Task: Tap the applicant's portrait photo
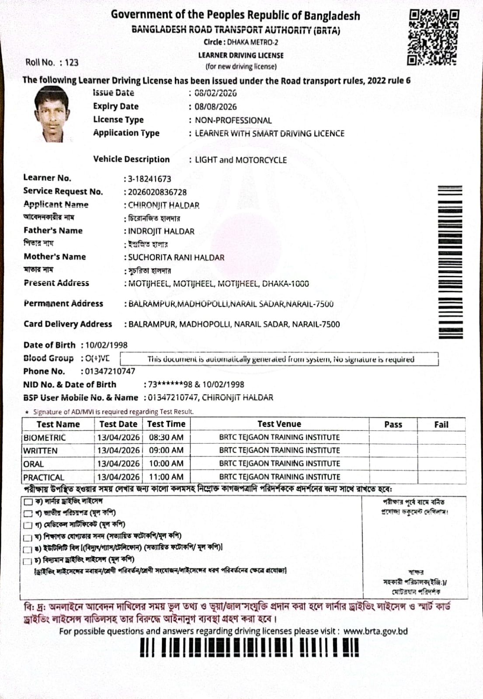click(52, 114)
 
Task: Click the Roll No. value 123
click(71, 63)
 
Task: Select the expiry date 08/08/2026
click(215, 107)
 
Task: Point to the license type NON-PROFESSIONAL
click(233, 120)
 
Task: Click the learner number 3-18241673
click(149, 179)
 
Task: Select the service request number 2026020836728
click(157, 192)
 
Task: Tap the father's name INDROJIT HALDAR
click(161, 231)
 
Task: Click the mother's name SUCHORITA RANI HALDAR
click(176, 257)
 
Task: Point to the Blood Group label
click(49, 358)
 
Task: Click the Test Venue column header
click(279, 424)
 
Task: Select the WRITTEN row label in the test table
click(40, 451)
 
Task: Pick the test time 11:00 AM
click(166, 477)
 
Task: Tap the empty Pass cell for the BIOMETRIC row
click(393, 438)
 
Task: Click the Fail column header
click(441, 424)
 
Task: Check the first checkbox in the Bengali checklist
click(28, 501)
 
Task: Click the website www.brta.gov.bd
click(375, 631)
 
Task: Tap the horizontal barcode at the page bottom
click(249, 647)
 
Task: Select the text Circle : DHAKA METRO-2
click(241, 42)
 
